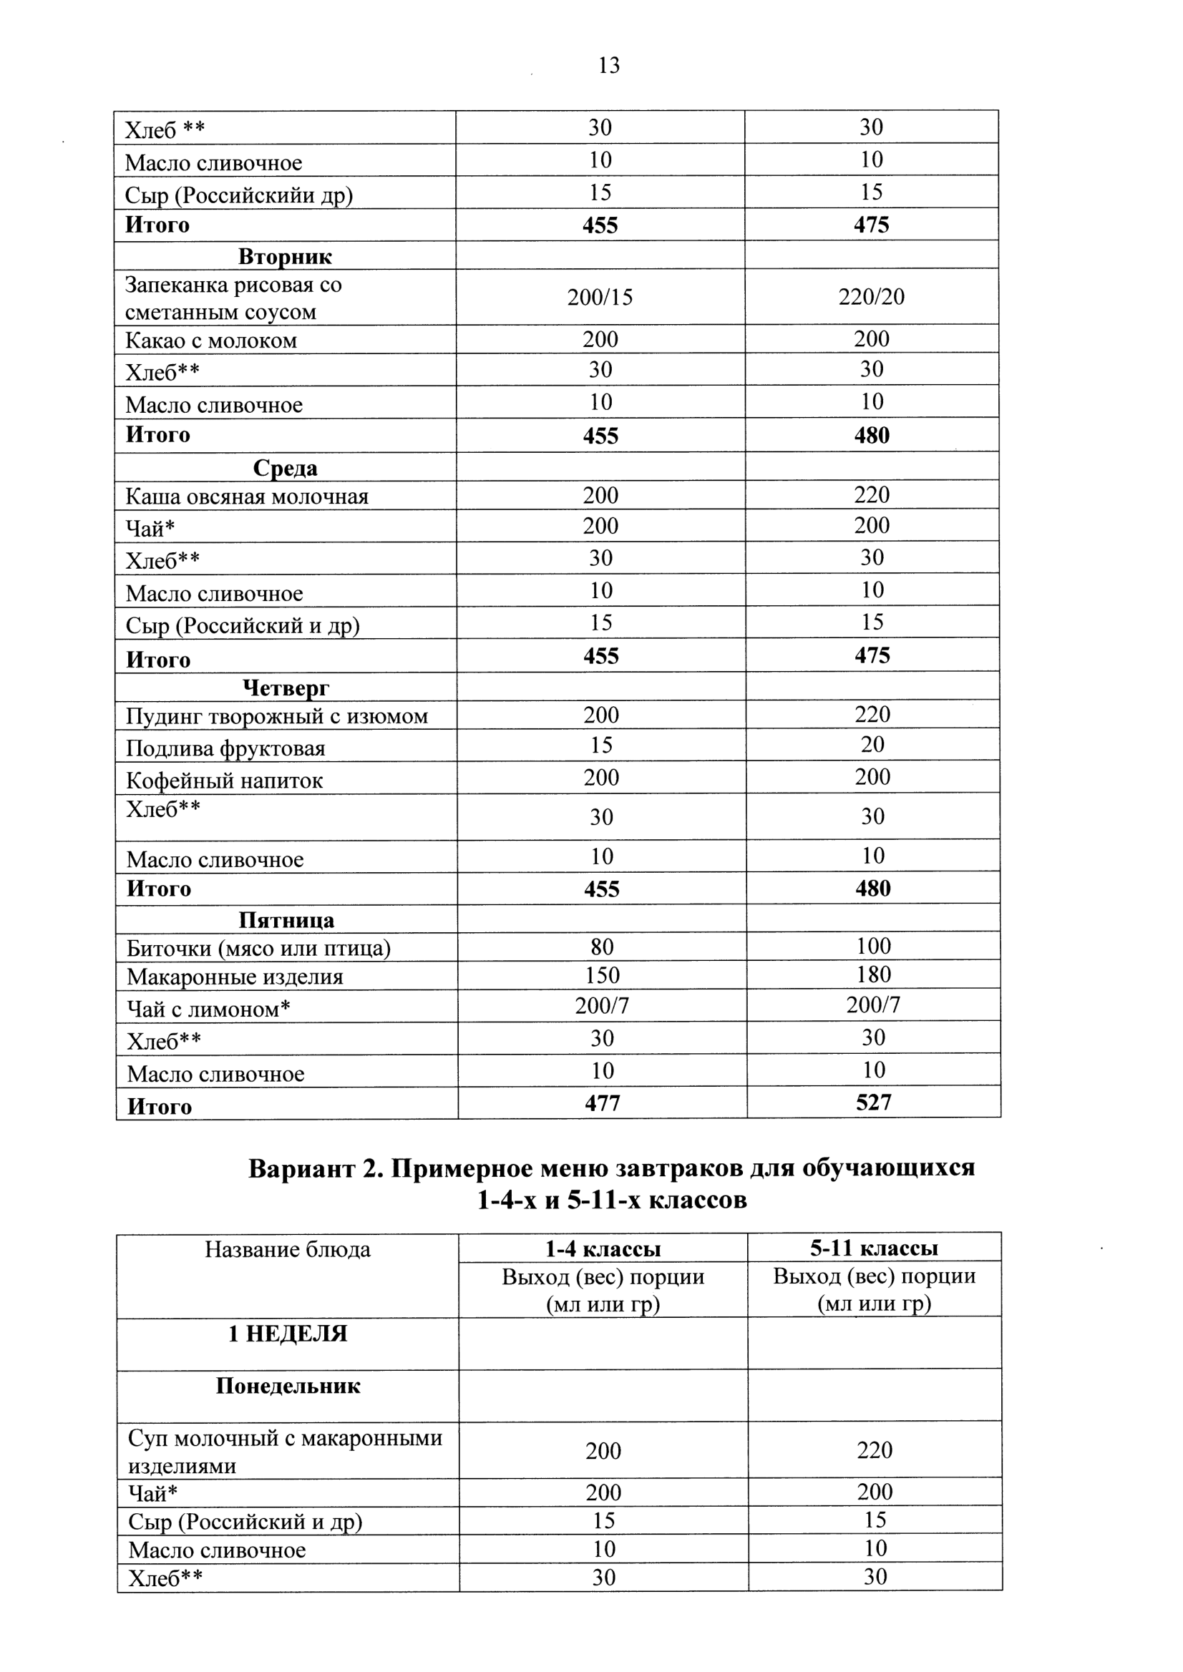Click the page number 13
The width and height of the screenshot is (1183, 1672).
tap(609, 66)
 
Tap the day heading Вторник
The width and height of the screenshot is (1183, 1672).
tap(285, 256)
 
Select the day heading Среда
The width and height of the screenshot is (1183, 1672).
tap(285, 467)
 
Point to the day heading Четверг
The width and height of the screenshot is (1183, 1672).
tap(286, 687)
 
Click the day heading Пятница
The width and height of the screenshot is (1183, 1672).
tap(286, 920)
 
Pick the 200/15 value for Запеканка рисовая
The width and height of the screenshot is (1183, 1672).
tap(600, 297)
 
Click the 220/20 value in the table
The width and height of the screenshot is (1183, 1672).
tap(871, 296)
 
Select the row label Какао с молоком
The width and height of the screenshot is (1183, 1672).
tap(211, 340)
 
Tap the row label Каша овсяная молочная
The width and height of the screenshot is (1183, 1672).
tap(247, 496)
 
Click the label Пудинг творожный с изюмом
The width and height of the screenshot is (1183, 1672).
tap(277, 716)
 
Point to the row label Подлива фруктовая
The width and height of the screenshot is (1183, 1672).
tap(226, 748)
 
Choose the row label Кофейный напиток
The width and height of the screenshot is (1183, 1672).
tap(225, 780)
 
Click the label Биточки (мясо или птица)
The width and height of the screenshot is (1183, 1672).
tap(258, 947)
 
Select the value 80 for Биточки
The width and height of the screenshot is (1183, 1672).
tap(602, 947)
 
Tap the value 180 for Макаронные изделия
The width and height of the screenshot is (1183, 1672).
tap(873, 974)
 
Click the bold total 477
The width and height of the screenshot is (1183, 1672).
tap(602, 1103)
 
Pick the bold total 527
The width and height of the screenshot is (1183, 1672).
tap(873, 1102)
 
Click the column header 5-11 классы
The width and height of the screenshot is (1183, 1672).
tap(874, 1248)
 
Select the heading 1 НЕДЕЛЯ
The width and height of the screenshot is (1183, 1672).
tap(288, 1334)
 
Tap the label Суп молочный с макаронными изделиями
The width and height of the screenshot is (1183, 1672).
tap(285, 1452)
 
